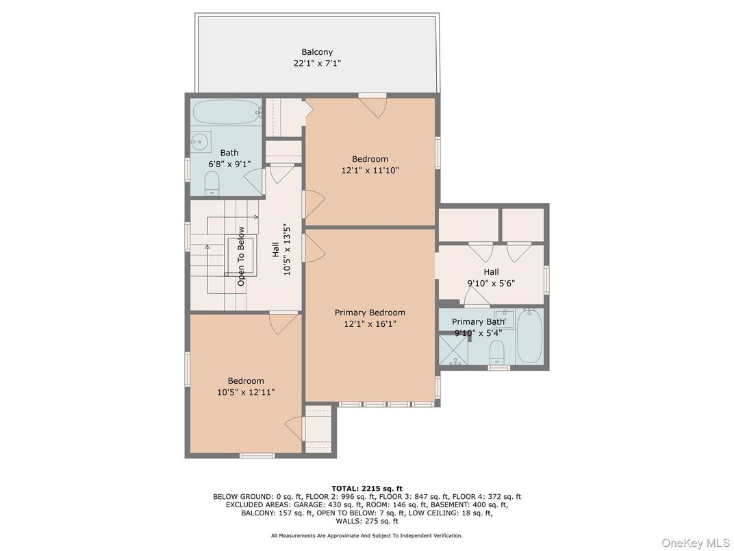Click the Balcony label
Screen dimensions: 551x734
317,52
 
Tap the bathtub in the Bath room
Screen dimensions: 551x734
226,111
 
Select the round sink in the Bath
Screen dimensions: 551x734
200,142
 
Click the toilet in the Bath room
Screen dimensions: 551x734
212,183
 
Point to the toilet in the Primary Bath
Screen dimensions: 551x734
497,352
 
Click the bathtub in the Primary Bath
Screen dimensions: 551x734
529,335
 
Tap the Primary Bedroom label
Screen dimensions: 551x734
370,313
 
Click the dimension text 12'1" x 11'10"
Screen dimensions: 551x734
370,171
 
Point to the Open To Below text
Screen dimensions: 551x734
241,256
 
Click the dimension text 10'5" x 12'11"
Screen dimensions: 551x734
246,392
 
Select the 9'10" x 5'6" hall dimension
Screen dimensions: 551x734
491,283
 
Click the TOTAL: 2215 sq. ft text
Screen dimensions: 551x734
366,488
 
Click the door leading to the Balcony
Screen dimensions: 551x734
374,106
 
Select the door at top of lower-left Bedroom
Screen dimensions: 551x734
283,322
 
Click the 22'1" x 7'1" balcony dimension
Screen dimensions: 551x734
317,63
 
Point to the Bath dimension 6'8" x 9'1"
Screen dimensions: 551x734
229,164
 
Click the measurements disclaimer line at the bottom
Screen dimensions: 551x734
366,535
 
